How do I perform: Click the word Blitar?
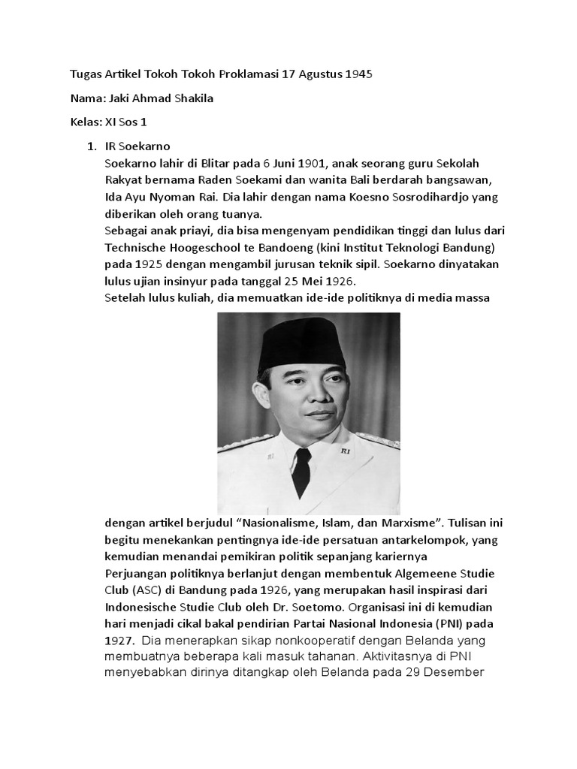(213, 163)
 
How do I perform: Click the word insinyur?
(198, 281)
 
